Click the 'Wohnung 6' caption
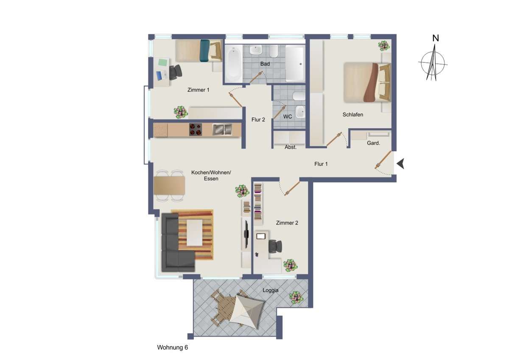coord(172,347)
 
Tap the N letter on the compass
coord(435,38)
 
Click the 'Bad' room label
coord(266,64)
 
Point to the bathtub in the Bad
coord(233,64)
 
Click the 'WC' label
coord(288,116)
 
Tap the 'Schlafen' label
coord(353,115)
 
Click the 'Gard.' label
coord(373,143)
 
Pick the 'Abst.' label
coord(291,147)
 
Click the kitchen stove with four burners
coord(196,129)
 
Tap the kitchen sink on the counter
coord(222,129)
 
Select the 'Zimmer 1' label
coord(198,90)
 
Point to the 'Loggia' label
coord(271,290)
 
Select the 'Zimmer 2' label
coord(287,222)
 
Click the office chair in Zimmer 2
coord(275,246)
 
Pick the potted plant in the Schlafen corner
coord(383,45)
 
